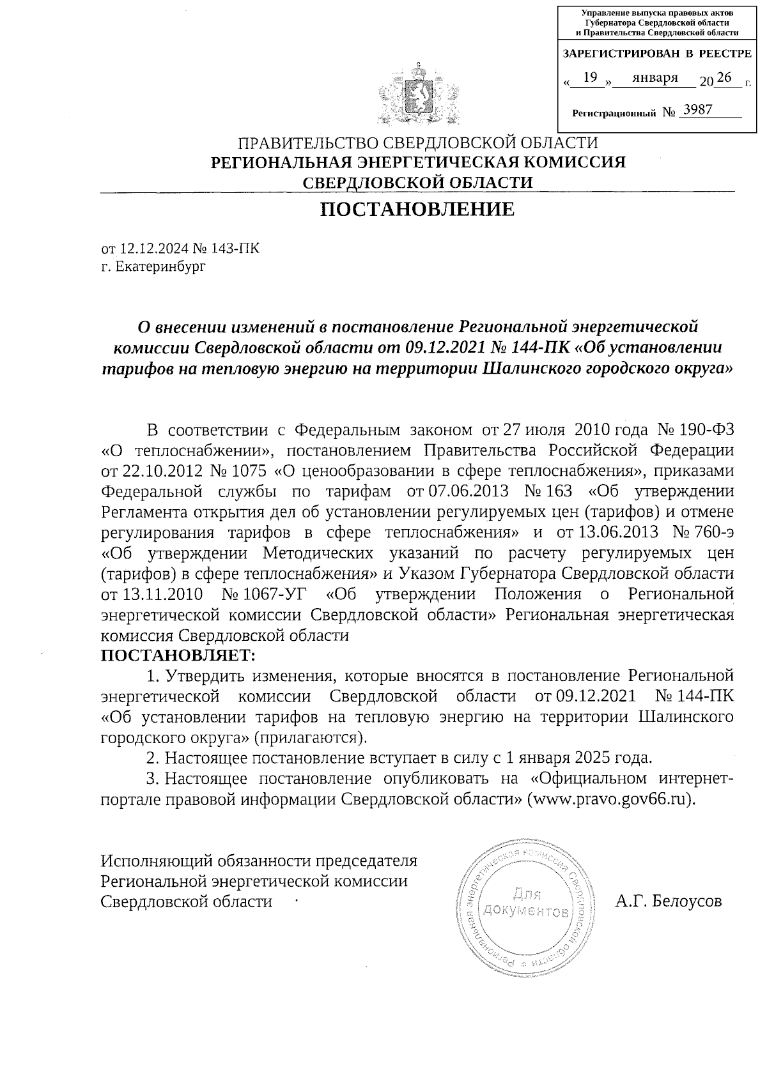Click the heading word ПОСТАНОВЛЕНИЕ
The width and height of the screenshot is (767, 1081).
(x=417, y=210)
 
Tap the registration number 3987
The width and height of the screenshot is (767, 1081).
(x=697, y=110)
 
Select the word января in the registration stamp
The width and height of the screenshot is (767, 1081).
(x=655, y=78)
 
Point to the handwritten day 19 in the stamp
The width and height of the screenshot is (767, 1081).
(x=591, y=78)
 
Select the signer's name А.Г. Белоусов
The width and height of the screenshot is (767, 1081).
(x=669, y=901)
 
